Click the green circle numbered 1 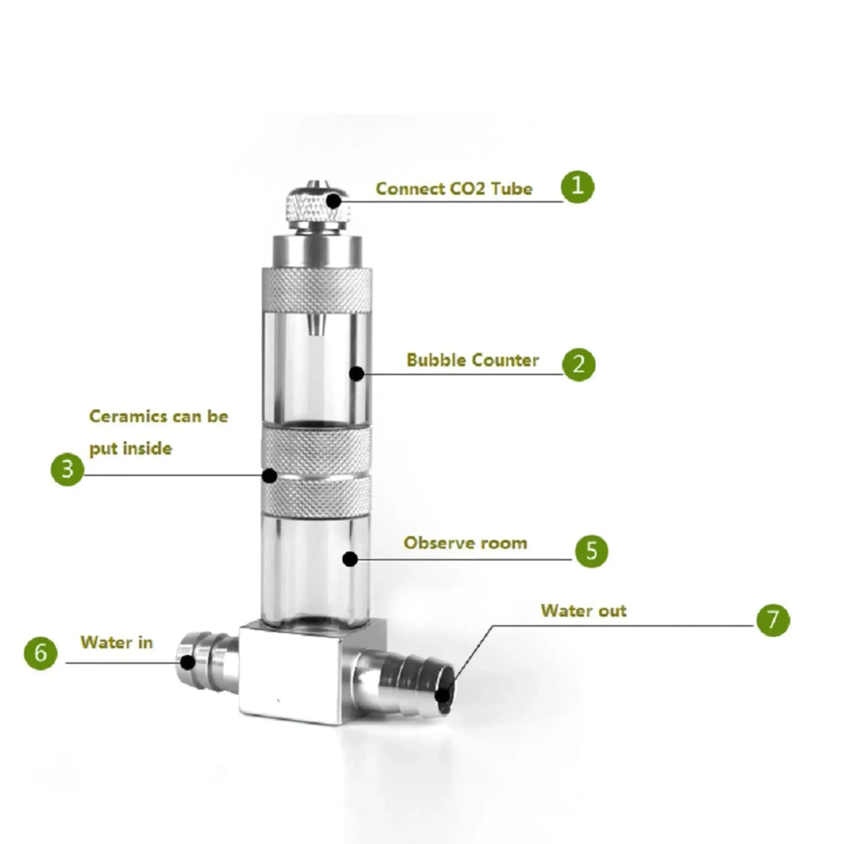(578, 188)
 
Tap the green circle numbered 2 (578, 364)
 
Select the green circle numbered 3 (67, 470)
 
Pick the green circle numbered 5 (592, 551)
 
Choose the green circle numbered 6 (41, 653)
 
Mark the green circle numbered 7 (773, 620)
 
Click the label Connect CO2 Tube (454, 188)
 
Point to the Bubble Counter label (472, 360)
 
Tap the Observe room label (465, 542)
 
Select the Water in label (116, 642)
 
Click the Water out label (583, 610)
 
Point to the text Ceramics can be (159, 416)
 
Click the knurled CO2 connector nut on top (316, 205)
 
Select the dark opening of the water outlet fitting (443, 693)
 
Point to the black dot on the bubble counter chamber (356, 374)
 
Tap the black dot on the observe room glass (349, 559)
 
